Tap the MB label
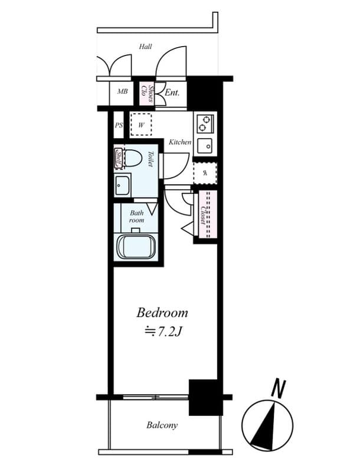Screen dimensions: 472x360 point(123,91)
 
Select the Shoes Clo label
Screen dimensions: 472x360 point(147,93)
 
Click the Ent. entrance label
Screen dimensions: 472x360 point(172,93)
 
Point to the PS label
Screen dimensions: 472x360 point(119,125)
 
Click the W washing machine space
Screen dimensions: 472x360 point(141,124)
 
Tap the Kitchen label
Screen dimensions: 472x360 point(179,142)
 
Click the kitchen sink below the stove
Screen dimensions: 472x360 point(205,145)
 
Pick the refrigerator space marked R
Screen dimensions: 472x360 point(205,173)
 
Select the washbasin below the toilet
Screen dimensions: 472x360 point(122,186)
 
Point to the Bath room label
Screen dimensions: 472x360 point(137,216)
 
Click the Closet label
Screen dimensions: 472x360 point(204,215)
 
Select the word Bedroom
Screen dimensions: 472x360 point(162,313)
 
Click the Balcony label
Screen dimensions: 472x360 point(162,425)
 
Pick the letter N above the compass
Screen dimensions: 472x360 point(278,389)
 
